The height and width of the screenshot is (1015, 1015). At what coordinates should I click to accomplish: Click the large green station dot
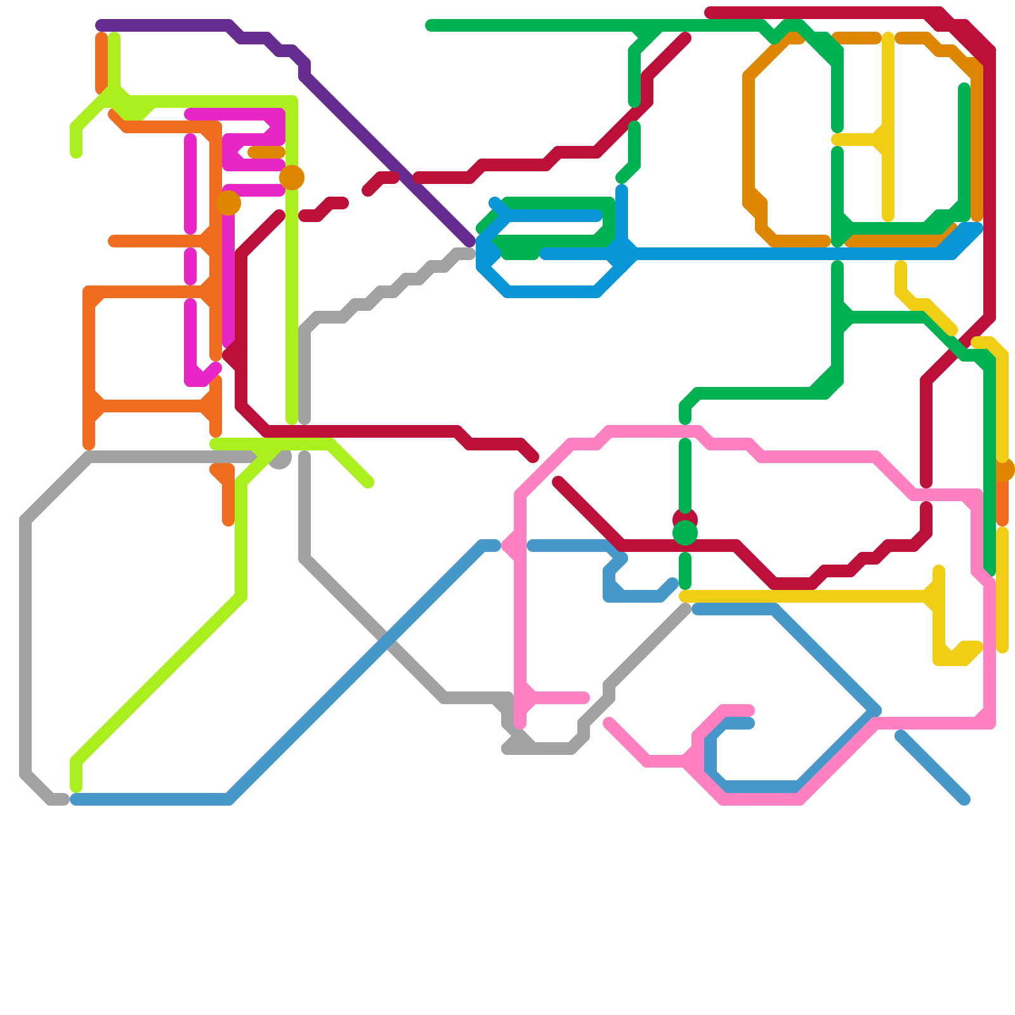coord(685,533)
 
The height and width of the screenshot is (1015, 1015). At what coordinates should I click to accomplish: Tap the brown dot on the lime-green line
coord(292,178)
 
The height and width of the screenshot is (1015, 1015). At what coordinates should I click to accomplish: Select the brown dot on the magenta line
coord(228,203)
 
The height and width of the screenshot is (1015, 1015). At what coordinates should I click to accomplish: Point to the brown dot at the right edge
coord(1003,470)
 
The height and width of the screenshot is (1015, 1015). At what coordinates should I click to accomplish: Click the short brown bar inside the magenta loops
coord(266,152)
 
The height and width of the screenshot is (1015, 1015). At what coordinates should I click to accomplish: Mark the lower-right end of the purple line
coord(470,242)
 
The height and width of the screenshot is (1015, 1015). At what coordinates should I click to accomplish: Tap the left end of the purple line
coord(100,25)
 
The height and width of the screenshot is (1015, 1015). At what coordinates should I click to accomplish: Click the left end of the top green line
coord(430,25)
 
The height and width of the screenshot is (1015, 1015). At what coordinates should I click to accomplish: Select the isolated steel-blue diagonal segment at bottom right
coord(933,768)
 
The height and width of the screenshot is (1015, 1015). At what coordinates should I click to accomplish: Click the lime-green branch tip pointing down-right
coord(369,483)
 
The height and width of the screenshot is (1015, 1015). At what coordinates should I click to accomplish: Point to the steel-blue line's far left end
coord(75,799)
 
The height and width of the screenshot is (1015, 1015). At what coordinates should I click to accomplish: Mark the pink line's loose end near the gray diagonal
coord(608,723)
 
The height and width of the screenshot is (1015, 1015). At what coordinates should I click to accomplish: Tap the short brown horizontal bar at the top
coord(856,38)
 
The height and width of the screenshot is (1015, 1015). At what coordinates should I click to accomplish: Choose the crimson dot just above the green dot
coord(685,517)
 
